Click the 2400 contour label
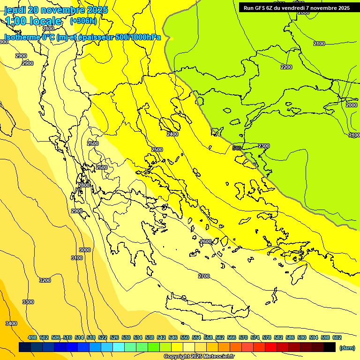click(172, 134)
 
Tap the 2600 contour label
click(205, 241)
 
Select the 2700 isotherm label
click(204, 276)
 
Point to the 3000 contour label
click(85, 250)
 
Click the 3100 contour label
click(77, 258)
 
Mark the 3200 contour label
click(45, 280)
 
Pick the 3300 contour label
click(28, 302)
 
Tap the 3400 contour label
click(11, 323)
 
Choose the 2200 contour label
click(286, 67)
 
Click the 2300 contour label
click(264, 146)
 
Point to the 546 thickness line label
click(237, 148)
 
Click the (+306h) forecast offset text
click(83, 21)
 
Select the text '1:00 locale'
click(34, 21)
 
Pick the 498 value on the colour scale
click(32, 337)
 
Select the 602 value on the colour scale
click(337, 337)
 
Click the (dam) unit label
click(347, 347)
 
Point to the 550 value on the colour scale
click(185, 337)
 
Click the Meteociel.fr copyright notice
click(199, 356)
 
